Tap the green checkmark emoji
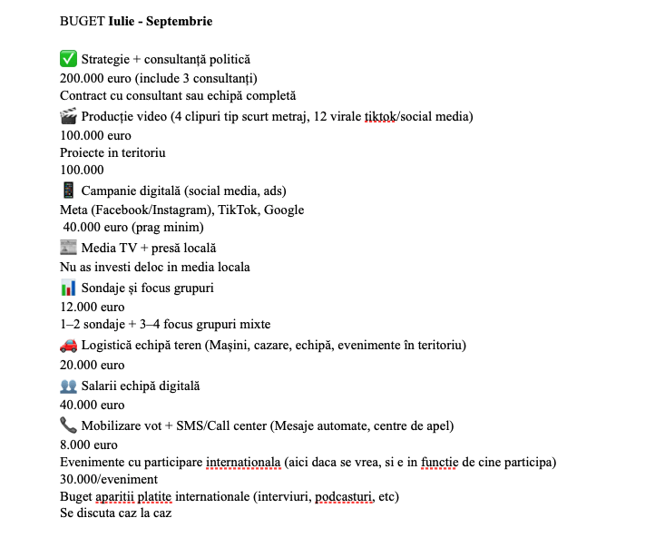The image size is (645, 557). tap(68, 59)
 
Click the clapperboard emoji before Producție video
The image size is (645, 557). tap(68, 116)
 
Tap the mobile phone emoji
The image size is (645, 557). tap(68, 191)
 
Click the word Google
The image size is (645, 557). tap(284, 210)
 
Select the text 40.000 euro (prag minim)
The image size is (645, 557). tap(133, 228)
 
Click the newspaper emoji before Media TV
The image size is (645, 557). tap(68, 248)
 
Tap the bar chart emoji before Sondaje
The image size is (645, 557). tap(68, 288)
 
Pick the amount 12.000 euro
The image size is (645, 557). tap(93, 307)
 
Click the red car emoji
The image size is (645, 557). tap(68, 345)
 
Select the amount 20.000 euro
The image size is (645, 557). tap(93, 365)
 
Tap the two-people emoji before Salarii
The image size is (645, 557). tap(68, 386)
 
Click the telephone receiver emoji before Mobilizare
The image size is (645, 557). tap(68, 425)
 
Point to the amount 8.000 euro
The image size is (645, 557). tap(89, 445)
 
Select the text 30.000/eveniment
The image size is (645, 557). tap(109, 479)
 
